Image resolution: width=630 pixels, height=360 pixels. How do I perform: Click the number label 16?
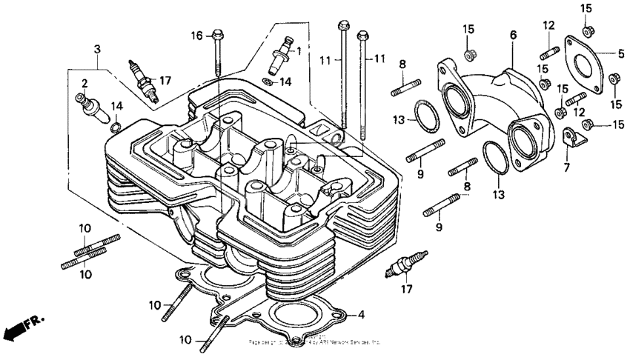click(196, 36)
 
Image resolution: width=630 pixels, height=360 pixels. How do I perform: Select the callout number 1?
click(299, 51)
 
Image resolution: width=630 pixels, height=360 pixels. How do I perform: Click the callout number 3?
click(96, 49)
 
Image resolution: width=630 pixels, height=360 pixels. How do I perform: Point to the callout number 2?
click(85, 82)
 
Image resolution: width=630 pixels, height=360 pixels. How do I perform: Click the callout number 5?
click(621, 53)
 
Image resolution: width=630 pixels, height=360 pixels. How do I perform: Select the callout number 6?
click(512, 34)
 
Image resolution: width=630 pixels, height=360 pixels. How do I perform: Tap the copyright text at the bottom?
click(315, 342)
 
